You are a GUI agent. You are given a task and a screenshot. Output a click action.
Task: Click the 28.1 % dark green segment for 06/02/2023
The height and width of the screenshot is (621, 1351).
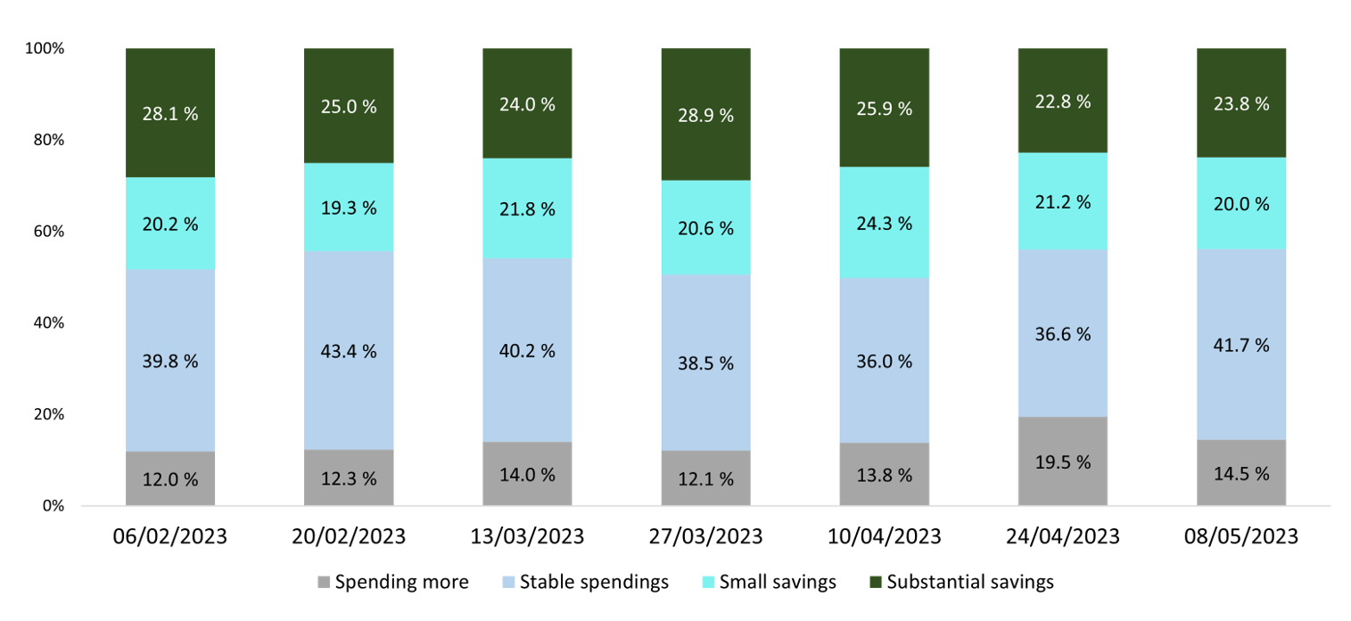[x=170, y=112]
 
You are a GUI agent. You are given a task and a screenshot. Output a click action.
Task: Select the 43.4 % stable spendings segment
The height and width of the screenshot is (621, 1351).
[x=349, y=350]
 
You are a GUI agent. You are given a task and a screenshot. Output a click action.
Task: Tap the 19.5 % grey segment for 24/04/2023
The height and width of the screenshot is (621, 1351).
[x=1062, y=461]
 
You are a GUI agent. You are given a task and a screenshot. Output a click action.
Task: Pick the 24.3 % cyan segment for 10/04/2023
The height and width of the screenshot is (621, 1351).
[x=884, y=223]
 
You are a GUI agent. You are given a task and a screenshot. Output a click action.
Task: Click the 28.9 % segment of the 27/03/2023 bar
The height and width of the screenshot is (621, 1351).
[x=705, y=115]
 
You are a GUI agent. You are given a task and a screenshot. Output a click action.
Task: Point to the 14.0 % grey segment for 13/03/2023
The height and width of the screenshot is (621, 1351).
[x=527, y=473]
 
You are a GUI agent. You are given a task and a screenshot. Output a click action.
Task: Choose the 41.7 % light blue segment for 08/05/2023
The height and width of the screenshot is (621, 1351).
[x=1240, y=344]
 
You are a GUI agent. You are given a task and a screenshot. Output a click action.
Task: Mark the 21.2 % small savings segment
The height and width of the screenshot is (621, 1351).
[x=1062, y=201]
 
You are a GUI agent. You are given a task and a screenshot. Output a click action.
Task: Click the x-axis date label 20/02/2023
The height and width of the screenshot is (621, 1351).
[x=349, y=537]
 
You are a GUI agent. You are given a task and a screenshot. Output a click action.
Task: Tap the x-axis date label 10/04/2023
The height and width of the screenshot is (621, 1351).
[x=884, y=537]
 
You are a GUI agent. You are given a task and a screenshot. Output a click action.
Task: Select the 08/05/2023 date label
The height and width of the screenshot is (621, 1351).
[x=1240, y=537]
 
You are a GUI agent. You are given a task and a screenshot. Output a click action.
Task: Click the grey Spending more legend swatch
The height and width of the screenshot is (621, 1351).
[x=324, y=583]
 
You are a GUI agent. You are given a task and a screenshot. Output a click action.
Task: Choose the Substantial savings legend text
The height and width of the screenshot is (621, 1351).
[x=969, y=583]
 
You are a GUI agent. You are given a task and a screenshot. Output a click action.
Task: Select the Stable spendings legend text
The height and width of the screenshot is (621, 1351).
[x=594, y=583]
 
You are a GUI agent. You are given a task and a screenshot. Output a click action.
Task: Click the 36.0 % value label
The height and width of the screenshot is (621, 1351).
[x=884, y=362]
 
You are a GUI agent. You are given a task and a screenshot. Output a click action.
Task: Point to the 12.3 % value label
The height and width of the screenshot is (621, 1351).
[x=349, y=478]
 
